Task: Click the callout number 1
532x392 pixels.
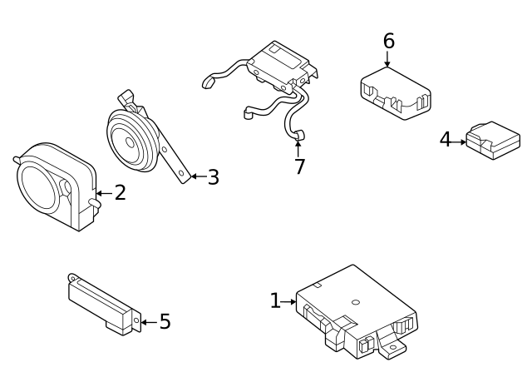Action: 275,300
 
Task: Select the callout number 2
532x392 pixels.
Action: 120,193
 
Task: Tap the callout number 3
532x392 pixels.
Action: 213,176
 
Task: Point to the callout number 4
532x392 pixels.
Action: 446,140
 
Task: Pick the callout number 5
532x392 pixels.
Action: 165,321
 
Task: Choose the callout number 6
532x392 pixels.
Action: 388,41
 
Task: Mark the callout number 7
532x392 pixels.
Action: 299,166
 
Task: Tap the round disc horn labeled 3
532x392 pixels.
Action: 133,141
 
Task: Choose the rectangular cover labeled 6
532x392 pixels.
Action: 394,91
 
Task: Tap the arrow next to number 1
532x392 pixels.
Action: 290,301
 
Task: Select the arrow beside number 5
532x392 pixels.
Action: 146,321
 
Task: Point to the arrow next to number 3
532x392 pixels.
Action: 195,176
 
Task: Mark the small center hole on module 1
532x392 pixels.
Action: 355,302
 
